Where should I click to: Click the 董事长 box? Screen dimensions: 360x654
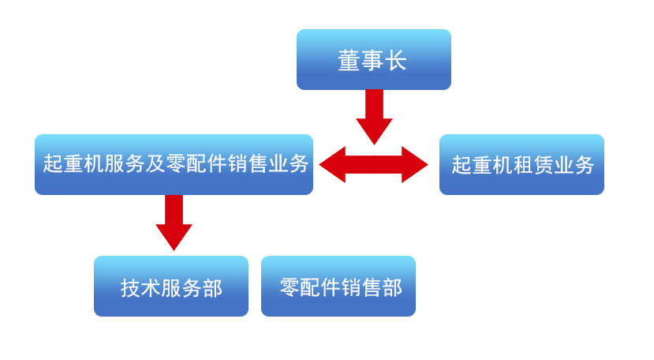(373, 60)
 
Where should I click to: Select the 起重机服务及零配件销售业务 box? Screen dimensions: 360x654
(174, 164)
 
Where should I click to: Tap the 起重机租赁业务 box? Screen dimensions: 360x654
(521, 164)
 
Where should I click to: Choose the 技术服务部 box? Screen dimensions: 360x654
(170, 287)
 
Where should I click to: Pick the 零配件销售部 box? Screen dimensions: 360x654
(338, 287)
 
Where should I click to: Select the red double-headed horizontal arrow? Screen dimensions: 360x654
(374, 164)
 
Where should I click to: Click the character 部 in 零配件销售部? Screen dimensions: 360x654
(392, 287)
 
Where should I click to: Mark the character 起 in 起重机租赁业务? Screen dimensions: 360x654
(461, 165)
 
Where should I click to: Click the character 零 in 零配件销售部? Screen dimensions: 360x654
(290, 287)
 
